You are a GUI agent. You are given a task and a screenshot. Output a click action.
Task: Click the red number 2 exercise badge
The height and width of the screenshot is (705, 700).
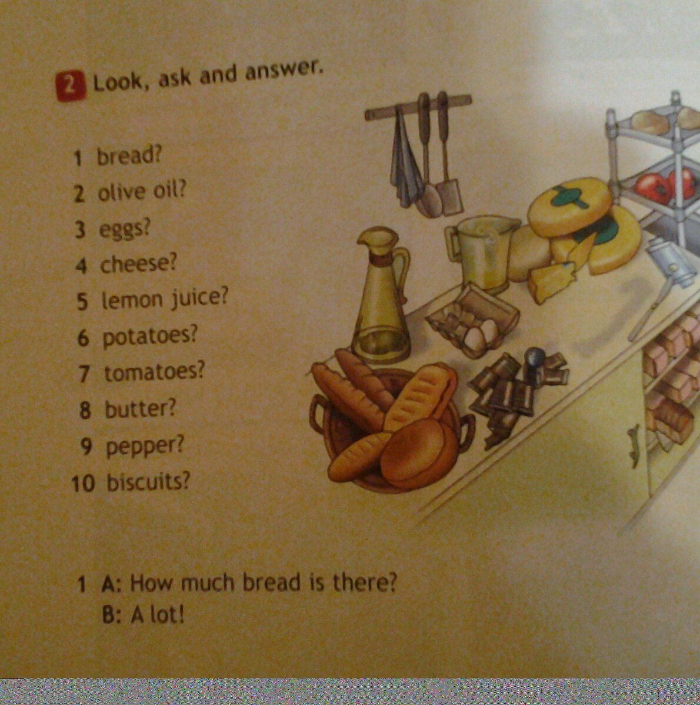70,87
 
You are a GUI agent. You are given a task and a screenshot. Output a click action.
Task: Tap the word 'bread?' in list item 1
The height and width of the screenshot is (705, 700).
129,157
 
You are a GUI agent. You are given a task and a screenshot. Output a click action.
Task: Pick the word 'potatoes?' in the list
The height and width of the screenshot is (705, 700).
150,337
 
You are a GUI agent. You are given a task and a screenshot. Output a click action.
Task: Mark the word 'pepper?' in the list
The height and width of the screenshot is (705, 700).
145,447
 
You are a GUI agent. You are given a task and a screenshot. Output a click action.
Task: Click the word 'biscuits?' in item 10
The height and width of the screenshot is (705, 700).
148,482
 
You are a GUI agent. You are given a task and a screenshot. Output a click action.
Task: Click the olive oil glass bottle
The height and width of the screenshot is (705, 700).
382,296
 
